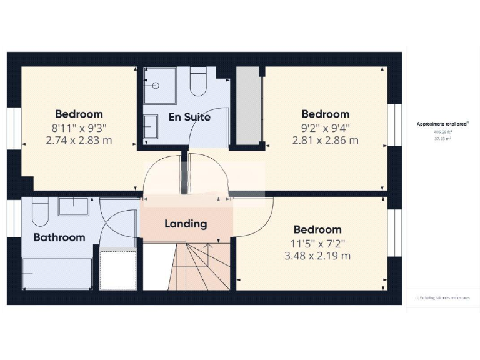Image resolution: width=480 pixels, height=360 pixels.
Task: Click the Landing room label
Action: click(x=186, y=224)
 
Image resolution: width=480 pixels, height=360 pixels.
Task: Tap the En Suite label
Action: click(x=189, y=117)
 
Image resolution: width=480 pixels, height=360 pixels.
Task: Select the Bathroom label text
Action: click(x=59, y=237)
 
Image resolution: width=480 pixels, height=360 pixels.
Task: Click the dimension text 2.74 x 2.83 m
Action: click(x=79, y=140)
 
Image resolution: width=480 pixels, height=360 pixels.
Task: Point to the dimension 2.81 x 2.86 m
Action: click(x=326, y=140)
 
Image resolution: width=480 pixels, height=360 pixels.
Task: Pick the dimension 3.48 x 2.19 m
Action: click(x=317, y=256)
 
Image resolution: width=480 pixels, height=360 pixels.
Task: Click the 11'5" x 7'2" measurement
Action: click(x=317, y=242)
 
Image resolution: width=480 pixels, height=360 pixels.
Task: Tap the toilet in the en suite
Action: click(x=198, y=83)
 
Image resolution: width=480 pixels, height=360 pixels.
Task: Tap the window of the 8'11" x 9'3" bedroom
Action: click(x=14, y=129)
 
